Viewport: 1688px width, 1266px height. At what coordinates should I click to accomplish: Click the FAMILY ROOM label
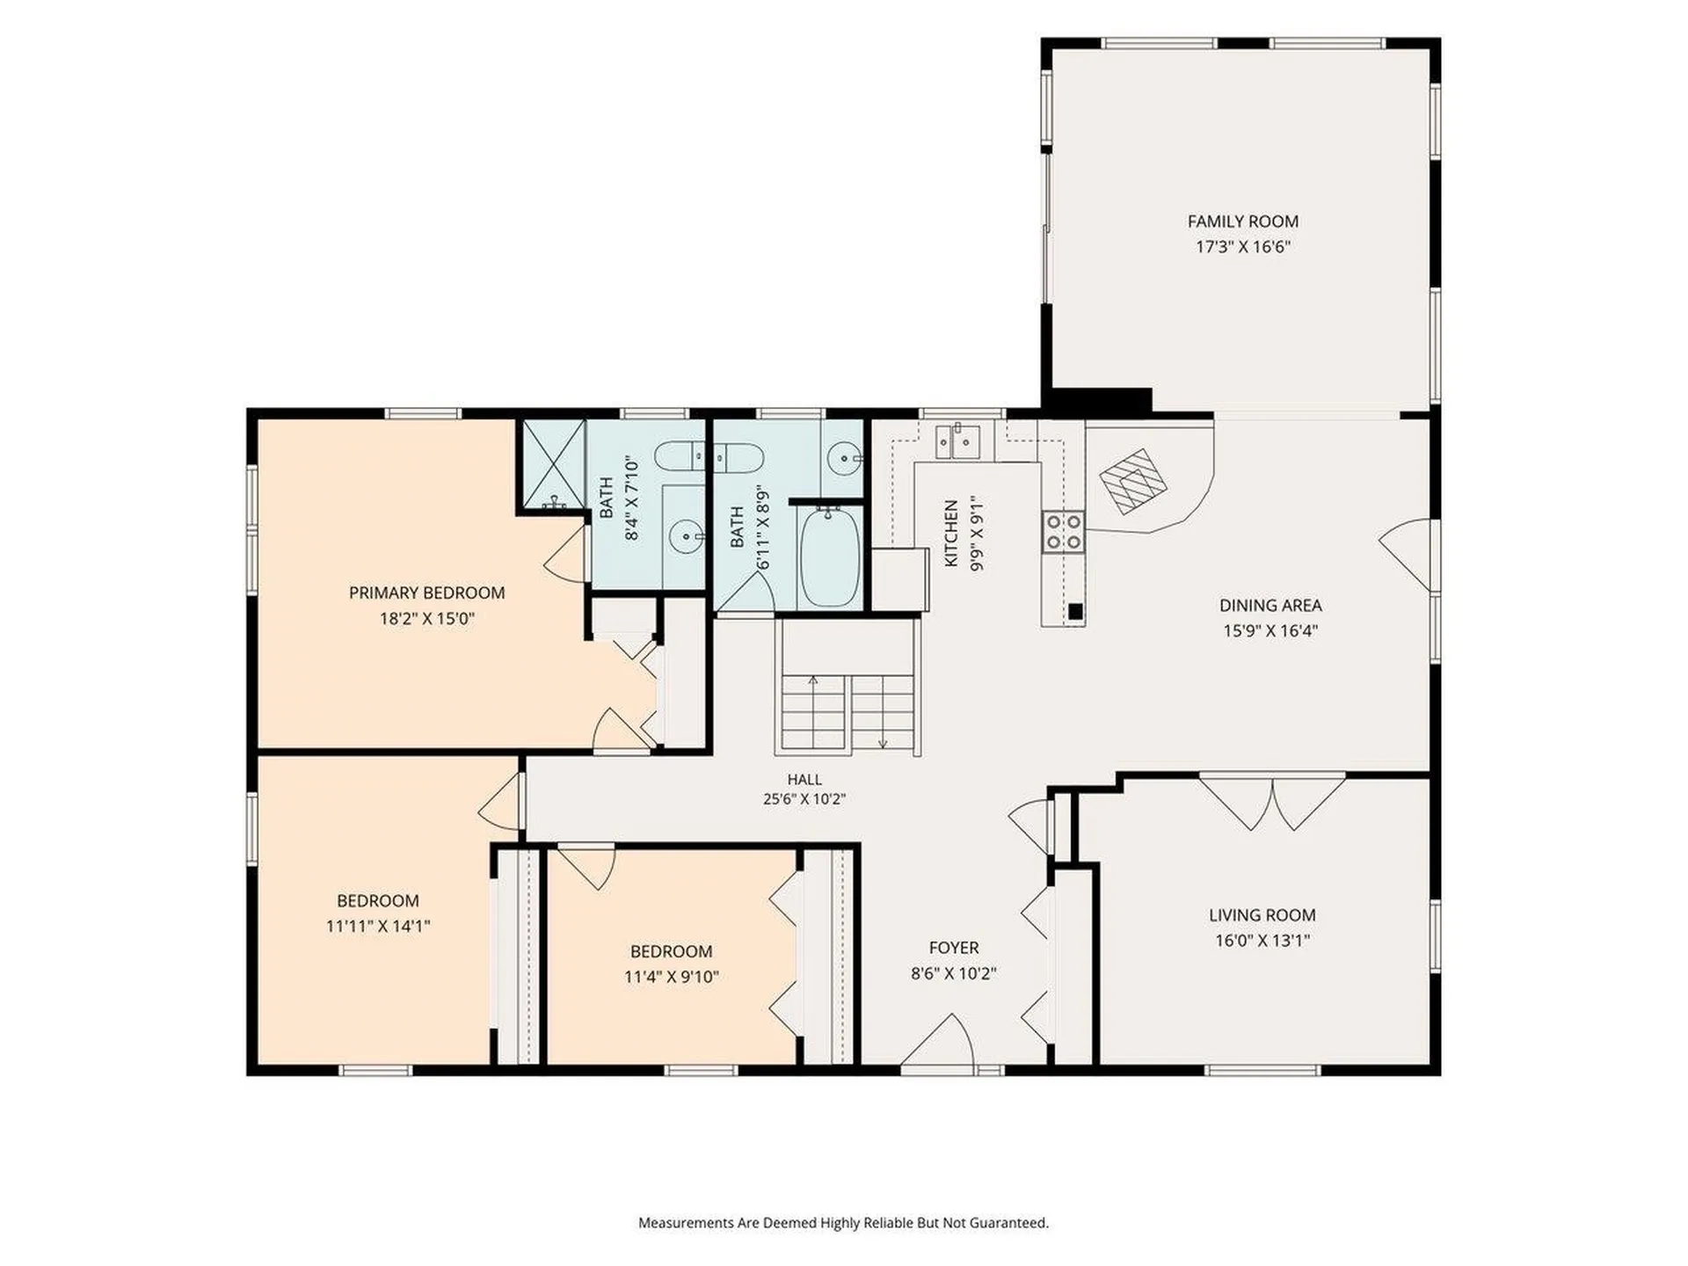point(1242,222)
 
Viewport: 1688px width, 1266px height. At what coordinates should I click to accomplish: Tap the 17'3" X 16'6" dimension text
point(1242,247)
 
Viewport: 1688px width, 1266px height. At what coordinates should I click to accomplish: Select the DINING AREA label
point(1270,605)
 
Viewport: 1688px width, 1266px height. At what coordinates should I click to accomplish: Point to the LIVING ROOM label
point(1262,915)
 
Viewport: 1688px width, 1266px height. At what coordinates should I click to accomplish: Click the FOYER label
point(954,948)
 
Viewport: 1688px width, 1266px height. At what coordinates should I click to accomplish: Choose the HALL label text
point(804,779)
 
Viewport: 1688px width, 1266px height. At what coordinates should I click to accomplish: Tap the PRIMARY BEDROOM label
point(427,593)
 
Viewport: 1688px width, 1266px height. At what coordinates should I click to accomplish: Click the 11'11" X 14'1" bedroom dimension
point(378,926)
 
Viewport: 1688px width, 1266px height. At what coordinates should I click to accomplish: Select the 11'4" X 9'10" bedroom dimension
point(672,977)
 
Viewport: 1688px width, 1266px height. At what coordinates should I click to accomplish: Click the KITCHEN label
point(950,534)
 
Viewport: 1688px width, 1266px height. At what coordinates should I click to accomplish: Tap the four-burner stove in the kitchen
point(1063,532)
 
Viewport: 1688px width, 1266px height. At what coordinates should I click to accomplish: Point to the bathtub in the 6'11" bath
point(830,557)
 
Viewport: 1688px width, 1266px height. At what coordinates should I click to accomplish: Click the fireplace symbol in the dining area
point(1133,482)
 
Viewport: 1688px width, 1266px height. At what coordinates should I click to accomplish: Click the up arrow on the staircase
point(813,711)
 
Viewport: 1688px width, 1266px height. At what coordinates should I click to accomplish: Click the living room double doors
point(1272,802)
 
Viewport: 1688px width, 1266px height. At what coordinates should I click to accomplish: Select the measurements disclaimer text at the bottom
point(843,1223)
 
